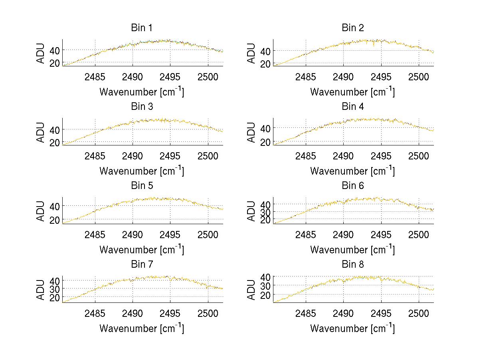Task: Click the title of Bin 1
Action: click(142, 28)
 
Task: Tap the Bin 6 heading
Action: click(353, 186)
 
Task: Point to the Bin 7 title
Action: click(142, 265)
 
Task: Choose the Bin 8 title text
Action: click(353, 265)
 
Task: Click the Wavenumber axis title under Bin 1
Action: click(142, 92)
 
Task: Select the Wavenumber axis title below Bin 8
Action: click(352, 328)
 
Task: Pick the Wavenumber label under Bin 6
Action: click(352, 250)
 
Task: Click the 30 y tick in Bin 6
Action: click(265, 212)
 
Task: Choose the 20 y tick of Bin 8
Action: click(265, 294)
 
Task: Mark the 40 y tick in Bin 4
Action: click(265, 128)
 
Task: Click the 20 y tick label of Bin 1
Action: click(55, 63)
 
